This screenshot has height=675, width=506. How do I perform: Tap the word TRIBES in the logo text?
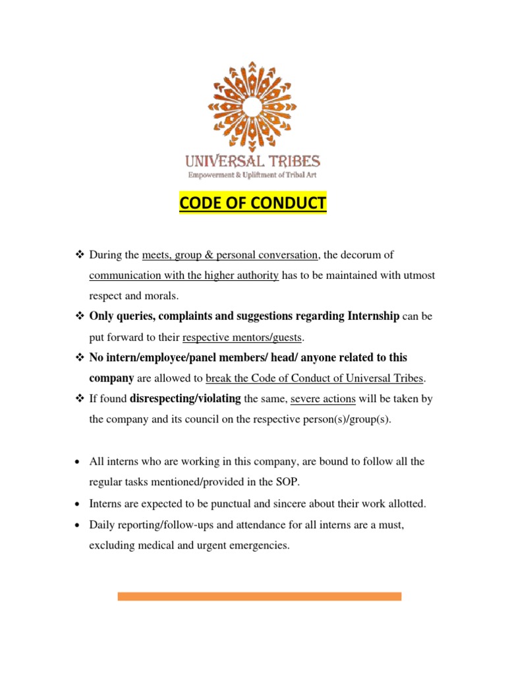pyautogui.click(x=291, y=161)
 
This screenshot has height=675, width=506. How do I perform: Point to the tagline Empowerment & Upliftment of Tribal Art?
pyautogui.click(x=253, y=175)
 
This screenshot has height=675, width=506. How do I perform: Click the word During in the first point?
pyautogui.click(x=106, y=254)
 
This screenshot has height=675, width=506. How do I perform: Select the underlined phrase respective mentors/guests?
pyautogui.click(x=242, y=337)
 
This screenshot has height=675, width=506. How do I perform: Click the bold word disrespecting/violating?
pyautogui.click(x=185, y=399)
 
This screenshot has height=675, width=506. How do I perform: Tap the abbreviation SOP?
pyautogui.click(x=289, y=482)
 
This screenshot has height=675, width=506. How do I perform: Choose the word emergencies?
pyautogui.click(x=256, y=546)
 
